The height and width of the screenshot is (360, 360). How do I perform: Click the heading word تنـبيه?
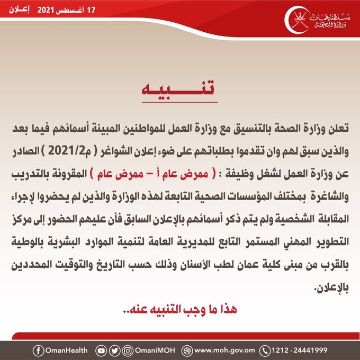click(x=181, y=88)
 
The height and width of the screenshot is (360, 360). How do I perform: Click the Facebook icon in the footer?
click(x=38, y=350)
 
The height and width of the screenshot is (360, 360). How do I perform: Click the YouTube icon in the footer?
click(x=101, y=350)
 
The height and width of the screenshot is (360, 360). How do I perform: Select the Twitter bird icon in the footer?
click(x=113, y=350)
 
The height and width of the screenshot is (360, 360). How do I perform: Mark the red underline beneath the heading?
click(x=181, y=101)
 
